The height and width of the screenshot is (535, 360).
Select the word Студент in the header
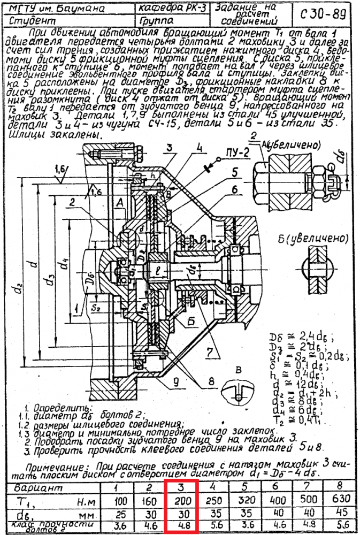33,21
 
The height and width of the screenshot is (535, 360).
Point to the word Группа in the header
156,21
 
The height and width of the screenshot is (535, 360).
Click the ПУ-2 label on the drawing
238,153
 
